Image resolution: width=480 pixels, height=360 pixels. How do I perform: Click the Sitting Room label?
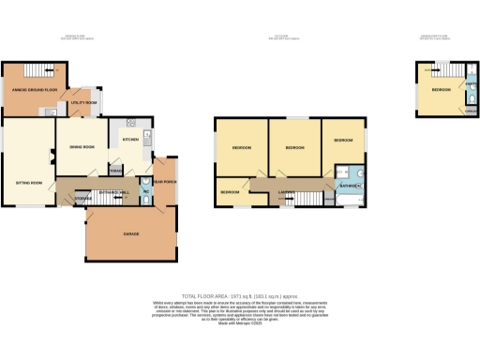(28, 182)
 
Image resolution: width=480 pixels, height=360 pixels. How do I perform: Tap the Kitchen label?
(131, 140)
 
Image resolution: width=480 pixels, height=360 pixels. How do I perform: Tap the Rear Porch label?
(165, 180)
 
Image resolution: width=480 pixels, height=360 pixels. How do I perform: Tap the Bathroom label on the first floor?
(351, 185)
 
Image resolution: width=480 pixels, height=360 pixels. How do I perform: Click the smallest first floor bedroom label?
(230, 191)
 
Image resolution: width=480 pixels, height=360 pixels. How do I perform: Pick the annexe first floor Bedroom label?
(440, 90)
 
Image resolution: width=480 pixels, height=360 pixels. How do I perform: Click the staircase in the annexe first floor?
(432, 69)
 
